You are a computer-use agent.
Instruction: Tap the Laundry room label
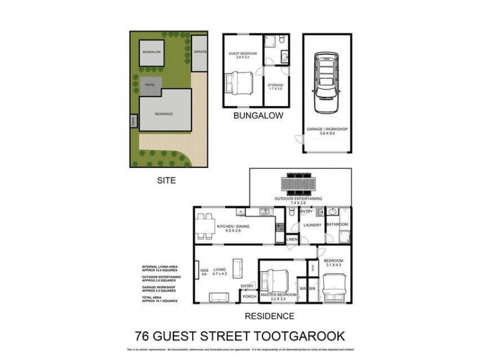(313, 225)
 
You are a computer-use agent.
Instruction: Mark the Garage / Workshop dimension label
(326, 133)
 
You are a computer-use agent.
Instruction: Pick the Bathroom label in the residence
(337, 224)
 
